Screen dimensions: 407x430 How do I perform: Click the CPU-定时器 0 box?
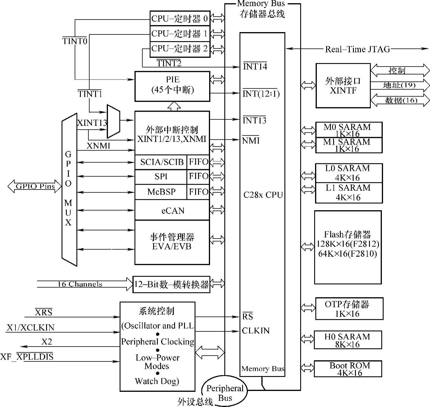pyautogui.click(x=180, y=18)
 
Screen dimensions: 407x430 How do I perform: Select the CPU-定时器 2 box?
pyautogui.click(x=180, y=49)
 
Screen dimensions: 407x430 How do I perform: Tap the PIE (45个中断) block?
pyautogui.click(x=172, y=86)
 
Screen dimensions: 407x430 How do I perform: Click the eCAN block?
pyautogui.click(x=172, y=210)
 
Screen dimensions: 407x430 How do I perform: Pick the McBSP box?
pyautogui.click(x=161, y=192)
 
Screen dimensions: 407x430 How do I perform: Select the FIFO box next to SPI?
pyautogui.click(x=198, y=177)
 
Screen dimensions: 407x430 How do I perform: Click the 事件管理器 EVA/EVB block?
pyautogui.click(x=172, y=242)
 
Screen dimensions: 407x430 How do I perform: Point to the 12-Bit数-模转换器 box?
pyautogui.click(x=171, y=284)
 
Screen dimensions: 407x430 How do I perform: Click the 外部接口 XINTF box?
pyautogui.click(x=343, y=85)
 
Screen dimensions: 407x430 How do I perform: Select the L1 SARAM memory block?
pyautogui.click(x=349, y=193)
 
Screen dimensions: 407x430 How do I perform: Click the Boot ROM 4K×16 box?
pyautogui.click(x=348, y=369)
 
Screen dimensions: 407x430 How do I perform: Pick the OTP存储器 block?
pyautogui.click(x=349, y=309)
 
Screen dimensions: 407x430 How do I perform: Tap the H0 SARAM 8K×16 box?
pyautogui.click(x=348, y=340)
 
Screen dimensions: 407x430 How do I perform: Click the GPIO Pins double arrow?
pyautogui.click(x=35, y=186)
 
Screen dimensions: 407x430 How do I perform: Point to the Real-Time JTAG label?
pyautogui.click(x=357, y=49)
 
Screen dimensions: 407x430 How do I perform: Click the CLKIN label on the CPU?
pyautogui.click(x=256, y=331)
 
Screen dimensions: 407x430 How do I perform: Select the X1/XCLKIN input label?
pyautogui.click(x=31, y=328)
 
